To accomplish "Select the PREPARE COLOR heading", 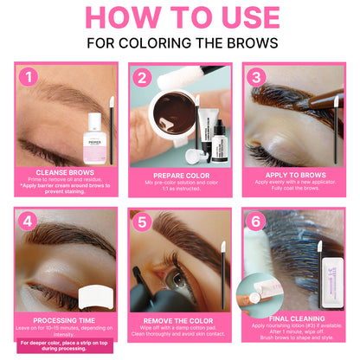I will click(180, 174).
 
